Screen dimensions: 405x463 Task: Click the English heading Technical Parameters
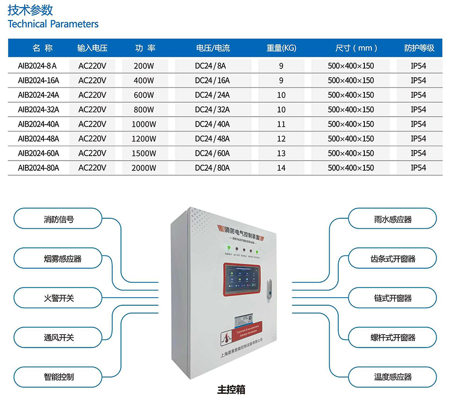point(53,24)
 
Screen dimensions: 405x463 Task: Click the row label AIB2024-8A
point(37,66)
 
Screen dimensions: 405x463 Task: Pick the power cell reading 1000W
point(144,124)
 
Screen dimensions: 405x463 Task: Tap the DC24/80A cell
point(212,168)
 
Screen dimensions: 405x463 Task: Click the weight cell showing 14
point(281,168)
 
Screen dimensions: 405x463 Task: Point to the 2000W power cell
point(144,168)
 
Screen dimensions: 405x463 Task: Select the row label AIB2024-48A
point(38,138)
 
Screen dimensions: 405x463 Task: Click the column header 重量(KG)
point(281,48)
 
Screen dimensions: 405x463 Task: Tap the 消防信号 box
point(58,219)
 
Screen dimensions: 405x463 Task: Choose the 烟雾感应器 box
point(58,259)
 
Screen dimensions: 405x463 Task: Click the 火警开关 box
point(58,298)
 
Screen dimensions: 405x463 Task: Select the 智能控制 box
point(58,377)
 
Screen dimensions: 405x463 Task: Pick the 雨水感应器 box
point(392,219)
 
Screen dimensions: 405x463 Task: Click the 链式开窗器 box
point(392,298)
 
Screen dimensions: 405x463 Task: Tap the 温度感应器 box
point(392,377)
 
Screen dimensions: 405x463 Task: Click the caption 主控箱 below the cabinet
point(231,390)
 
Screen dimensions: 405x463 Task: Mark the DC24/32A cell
point(212,110)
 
